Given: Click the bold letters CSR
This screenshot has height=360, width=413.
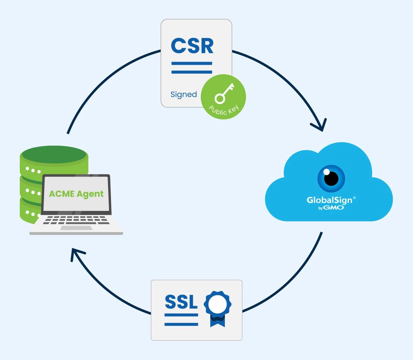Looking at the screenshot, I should [192, 46].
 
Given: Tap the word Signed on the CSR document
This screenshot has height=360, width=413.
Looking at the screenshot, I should [183, 94].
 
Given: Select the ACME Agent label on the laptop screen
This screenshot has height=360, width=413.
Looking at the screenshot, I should [76, 194].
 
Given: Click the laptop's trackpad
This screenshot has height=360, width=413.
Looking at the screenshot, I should [76, 228].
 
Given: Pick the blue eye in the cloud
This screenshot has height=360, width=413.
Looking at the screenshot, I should [331, 178].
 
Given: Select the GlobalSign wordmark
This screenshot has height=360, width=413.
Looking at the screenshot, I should [329, 200].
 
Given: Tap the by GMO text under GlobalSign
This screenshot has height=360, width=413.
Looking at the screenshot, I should [331, 208].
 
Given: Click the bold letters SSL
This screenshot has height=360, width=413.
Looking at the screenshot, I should [181, 301].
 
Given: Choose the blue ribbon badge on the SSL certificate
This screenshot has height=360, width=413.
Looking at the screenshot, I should [218, 308].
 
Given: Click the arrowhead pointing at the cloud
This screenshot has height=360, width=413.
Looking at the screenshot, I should [320, 126].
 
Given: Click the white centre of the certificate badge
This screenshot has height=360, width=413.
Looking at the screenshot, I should [218, 303].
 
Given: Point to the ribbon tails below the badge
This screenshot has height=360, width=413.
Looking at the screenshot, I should [218, 322].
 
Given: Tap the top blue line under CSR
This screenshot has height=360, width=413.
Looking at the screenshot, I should [192, 63].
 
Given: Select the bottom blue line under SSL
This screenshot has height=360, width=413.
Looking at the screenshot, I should [181, 324].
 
